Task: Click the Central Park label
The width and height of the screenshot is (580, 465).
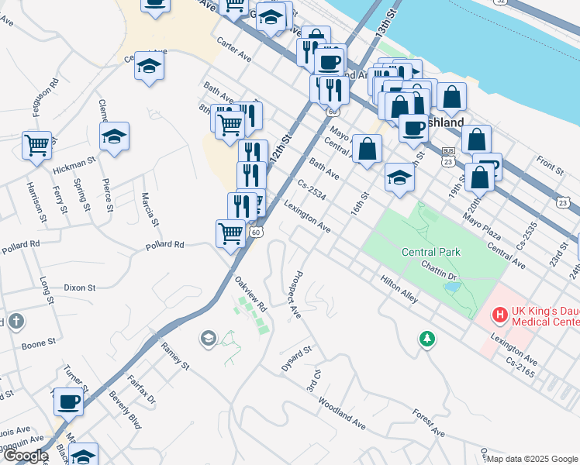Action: coord(431,252)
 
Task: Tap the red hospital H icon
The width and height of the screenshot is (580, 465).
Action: coord(501,315)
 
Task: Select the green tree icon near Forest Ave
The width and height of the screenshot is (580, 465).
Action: coord(426,339)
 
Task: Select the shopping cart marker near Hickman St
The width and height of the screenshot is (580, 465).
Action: coord(36,145)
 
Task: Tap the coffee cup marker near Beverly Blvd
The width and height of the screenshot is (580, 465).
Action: coord(68,402)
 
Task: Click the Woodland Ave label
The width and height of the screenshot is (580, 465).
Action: coord(341,414)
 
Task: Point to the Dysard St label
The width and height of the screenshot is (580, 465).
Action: coord(296,360)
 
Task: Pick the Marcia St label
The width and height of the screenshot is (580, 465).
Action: coord(150,208)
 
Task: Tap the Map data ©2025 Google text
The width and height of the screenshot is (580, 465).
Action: coord(532,459)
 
